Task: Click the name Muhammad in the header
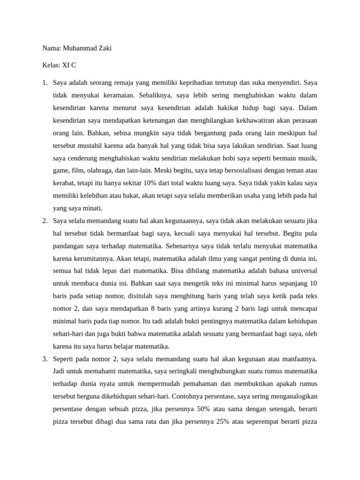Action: pos(80,48)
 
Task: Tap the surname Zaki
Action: pos(105,48)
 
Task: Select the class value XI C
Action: pos(69,65)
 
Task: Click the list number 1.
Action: pos(44,82)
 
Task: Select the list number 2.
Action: pos(44,220)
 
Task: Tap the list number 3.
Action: pos(44,359)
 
